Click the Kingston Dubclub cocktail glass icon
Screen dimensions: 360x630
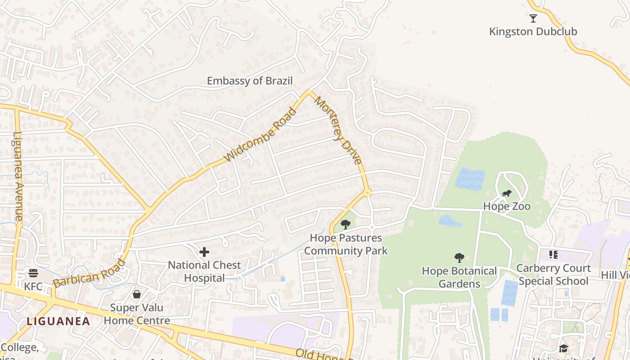pos(533,18)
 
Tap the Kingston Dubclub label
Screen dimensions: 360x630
pos(533,31)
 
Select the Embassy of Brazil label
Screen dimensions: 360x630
pos(250,81)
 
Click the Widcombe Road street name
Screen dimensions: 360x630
pos(261,135)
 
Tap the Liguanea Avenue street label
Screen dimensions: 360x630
pos(18,176)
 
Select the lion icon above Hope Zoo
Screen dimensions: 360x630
pos(507,194)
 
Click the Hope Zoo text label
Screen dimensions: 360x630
pos(507,207)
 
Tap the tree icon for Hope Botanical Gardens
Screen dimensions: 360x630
pos(459,257)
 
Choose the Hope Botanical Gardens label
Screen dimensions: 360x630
pos(459,277)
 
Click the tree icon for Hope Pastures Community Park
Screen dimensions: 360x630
pos(346,224)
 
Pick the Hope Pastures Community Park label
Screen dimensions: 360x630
pos(346,244)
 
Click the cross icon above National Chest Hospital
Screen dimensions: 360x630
pos(204,252)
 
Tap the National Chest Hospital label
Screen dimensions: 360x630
pos(204,271)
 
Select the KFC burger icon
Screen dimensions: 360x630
pos(33,273)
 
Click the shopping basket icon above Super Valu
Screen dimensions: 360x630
pos(137,294)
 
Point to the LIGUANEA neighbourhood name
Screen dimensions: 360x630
pos(58,321)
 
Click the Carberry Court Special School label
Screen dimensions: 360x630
pos(553,274)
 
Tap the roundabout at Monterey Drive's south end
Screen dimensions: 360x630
pos(367,193)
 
